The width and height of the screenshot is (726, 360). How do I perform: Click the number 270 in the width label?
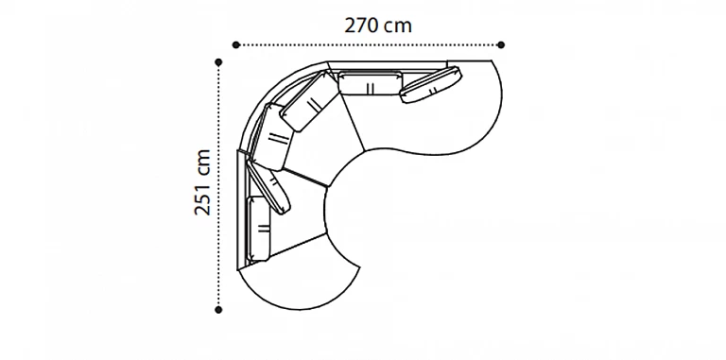(361, 26)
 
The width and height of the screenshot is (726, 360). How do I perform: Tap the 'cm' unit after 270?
(399, 27)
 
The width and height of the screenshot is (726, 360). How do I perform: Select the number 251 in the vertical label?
(202, 199)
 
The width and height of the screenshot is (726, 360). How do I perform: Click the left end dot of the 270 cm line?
(236, 45)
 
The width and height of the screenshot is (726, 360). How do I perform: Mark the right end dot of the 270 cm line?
(501, 45)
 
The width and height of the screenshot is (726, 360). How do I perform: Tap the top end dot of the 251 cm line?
(218, 62)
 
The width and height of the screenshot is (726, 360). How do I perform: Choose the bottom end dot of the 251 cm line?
(218, 310)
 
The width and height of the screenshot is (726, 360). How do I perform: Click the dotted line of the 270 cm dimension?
(369, 45)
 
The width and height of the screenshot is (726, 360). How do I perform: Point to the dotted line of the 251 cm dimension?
(218, 185)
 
